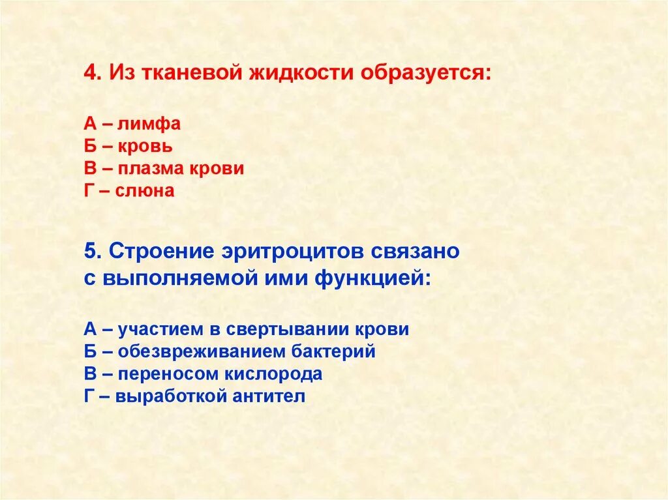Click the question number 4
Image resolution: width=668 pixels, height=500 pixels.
[x=90, y=72]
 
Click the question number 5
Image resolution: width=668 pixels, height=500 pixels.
[x=90, y=251]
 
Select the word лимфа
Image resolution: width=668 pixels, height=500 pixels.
[x=149, y=124]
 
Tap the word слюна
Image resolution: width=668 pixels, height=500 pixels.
[x=145, y=191]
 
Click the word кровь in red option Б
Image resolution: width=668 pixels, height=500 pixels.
[x=145, y=146]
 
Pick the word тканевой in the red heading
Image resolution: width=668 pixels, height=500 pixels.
[x=187, y=72]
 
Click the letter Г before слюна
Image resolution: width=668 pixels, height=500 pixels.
[x=90, y=191]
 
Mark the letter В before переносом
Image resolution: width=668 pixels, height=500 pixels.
[x=90, y=374]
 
